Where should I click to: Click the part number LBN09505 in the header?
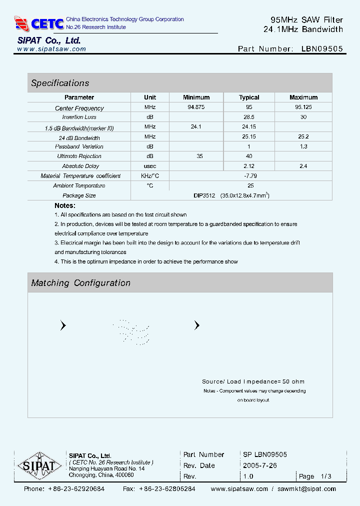(x=322, y=49)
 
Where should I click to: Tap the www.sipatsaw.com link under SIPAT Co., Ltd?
(x=51, y=49)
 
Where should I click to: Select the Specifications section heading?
(x=60, y=83)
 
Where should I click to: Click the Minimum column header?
(x=196, y=97)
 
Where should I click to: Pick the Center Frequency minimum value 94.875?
(x=196, y=107)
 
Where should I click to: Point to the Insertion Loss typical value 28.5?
(x=249, y=117)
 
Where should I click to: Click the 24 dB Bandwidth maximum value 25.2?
(x=303, y=136)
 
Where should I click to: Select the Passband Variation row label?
(x=79, y=146)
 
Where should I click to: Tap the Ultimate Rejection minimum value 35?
(x=199, y=156)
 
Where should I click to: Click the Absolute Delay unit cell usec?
(x=150, y=166)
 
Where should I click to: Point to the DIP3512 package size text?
(x=204, y=195)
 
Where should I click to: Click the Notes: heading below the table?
(x=65, y=205)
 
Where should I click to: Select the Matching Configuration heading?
(x=80, y=283)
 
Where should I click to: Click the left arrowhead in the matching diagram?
(x=63, y=325)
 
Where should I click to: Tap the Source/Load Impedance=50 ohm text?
(x=253, y=381)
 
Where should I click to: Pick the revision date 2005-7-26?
(x=260, y=465)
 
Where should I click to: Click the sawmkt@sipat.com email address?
(x=306, y=489)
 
